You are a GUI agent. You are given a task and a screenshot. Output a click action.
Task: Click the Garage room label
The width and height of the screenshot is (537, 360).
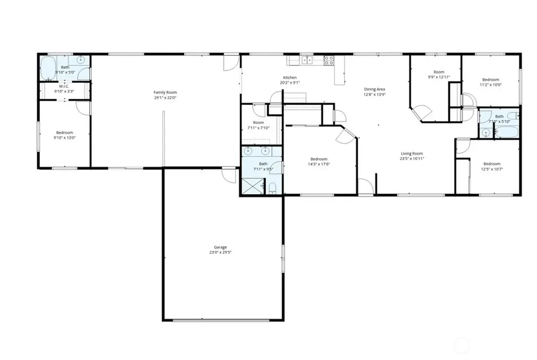point(220,247)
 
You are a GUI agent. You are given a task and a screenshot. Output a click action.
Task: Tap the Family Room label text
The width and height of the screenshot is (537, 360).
point(165,92)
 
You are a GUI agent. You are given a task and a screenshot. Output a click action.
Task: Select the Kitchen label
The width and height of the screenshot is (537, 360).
point(289,78)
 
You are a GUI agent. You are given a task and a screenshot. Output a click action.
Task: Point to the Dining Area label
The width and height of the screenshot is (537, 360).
point(374,89)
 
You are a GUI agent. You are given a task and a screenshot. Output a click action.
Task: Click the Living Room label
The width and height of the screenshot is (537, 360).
point(412,154)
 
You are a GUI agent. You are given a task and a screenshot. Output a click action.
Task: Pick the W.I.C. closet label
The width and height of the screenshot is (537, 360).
point(64,87)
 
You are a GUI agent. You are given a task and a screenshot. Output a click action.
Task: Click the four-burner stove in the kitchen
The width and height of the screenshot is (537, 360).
point(329,60)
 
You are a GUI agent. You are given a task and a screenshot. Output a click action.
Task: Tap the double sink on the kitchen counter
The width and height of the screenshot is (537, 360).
point(307,60)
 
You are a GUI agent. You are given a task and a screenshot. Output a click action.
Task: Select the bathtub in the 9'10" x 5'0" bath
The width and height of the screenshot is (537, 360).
point(48,68)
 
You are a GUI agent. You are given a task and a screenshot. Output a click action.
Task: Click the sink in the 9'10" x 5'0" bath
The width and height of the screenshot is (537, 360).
point(81,60)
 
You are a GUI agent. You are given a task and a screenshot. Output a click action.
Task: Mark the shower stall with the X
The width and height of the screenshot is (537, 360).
point(253,186)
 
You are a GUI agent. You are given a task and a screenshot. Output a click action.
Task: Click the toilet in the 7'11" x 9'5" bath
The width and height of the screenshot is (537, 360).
point(273,188)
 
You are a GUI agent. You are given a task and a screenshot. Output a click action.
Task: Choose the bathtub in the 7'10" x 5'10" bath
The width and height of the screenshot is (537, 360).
point(507,132)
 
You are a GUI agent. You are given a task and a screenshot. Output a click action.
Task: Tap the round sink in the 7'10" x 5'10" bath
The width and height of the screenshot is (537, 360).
point(485,133)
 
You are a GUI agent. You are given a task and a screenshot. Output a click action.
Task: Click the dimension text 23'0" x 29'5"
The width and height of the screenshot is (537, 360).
point(220,252)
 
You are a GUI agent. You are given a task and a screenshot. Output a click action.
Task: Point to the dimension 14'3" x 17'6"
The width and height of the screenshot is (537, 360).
point(319,164)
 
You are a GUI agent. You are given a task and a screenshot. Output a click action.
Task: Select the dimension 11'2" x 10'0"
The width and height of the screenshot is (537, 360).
point(490,84)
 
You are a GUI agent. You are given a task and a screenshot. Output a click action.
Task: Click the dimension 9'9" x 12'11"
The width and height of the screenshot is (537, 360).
point(439,77)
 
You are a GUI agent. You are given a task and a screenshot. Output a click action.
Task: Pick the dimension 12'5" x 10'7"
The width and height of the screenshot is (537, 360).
point(492,169)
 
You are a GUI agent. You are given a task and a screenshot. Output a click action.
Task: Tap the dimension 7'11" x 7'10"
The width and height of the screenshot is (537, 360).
point(258,128)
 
